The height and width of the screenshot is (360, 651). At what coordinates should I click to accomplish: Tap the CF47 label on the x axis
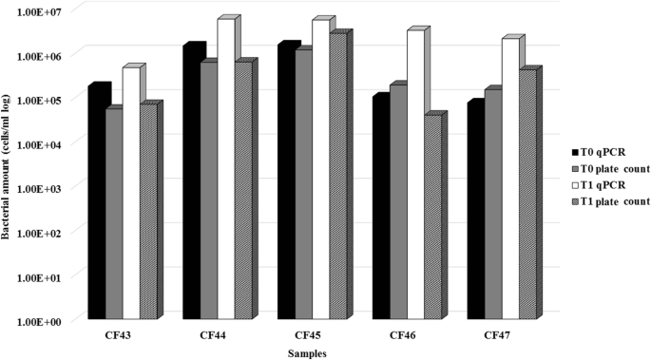(x=498, y=336)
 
